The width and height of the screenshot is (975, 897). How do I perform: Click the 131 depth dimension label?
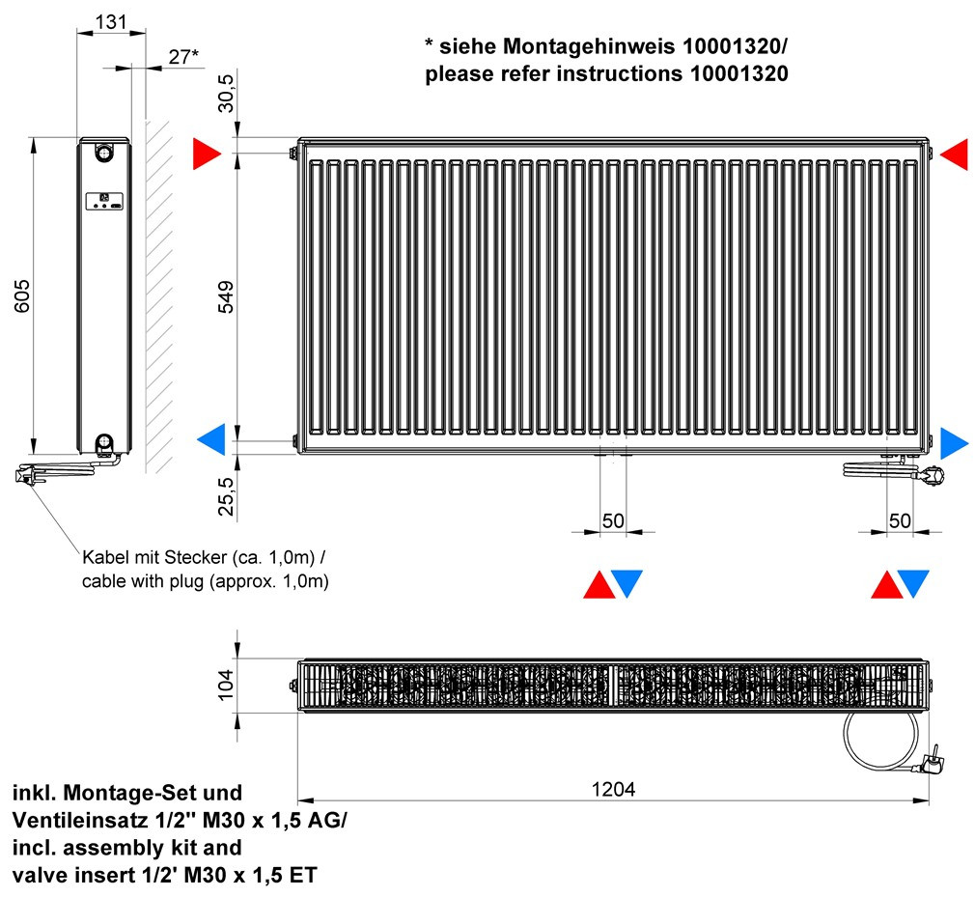(111, 22)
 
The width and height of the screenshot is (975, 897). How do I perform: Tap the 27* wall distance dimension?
(183, 57)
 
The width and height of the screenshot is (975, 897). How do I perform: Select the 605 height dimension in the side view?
(22, 296)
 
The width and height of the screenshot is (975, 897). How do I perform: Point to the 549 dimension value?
(226, 296)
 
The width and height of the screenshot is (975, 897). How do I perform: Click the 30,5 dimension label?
(226, 94)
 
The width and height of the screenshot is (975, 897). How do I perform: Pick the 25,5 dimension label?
(226, 496)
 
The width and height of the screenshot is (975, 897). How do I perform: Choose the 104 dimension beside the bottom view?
(226, 685)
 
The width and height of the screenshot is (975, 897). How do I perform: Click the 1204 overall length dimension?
(613, 790)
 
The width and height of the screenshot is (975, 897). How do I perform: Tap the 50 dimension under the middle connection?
(613, 520)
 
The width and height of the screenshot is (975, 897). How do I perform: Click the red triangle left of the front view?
(205, 154)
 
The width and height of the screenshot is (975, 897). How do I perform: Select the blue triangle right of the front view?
(953, 443)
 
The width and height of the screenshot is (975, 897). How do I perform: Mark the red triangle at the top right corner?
(956, 154)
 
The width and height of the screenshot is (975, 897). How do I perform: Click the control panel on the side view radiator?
(104, 201)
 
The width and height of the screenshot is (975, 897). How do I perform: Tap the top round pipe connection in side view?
(104, 152)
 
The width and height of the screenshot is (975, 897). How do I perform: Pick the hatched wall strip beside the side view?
(159, 296)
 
